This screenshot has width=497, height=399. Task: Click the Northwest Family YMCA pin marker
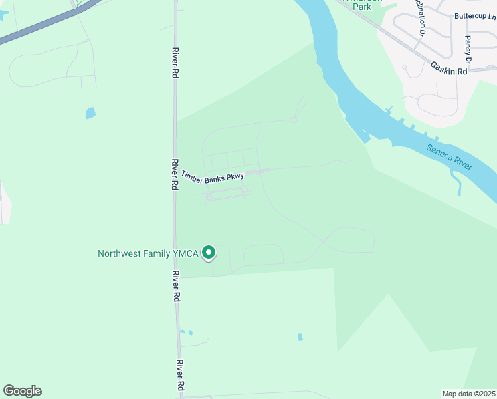[209, 252]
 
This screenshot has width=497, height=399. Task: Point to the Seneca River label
[450, 157]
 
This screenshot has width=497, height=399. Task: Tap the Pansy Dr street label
[468, 50]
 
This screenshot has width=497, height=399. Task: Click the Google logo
[22, 391]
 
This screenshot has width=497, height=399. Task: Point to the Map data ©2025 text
[468, 394]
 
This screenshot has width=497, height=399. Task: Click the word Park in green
[362, 7]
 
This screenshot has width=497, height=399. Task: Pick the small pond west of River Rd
[90, 113]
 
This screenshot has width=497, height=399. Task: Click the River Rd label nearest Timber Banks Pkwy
[174, 174]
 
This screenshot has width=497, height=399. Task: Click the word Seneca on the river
[440, 152]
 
